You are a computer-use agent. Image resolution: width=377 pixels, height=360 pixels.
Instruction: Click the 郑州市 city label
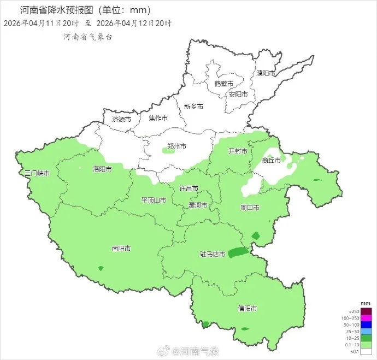(176, 146)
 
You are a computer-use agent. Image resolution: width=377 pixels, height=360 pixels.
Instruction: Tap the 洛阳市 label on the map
(102, 169)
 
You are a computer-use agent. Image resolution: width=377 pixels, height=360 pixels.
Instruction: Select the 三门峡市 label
(38, 173)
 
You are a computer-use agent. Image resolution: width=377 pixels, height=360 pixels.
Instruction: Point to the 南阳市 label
(121, 249)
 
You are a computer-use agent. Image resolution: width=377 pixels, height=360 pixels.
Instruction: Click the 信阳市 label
(248, 308)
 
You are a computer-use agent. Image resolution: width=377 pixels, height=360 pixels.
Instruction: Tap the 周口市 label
(250, 208)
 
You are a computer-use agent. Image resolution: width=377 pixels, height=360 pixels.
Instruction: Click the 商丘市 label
(272, 160)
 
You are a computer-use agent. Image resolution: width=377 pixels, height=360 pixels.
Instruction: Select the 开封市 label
(238, 151)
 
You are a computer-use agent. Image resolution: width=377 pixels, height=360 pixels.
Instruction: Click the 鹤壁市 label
(223, 84)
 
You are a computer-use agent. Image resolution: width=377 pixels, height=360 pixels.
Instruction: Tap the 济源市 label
(121, 119)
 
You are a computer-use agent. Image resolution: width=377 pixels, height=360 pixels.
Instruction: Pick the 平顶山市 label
(154, 200)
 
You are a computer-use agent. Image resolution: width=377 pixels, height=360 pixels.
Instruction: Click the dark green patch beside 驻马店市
(238, 252)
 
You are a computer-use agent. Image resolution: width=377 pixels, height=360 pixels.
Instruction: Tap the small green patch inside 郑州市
(169, 150)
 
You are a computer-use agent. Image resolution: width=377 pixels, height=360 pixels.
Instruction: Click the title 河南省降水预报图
(60, 10)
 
